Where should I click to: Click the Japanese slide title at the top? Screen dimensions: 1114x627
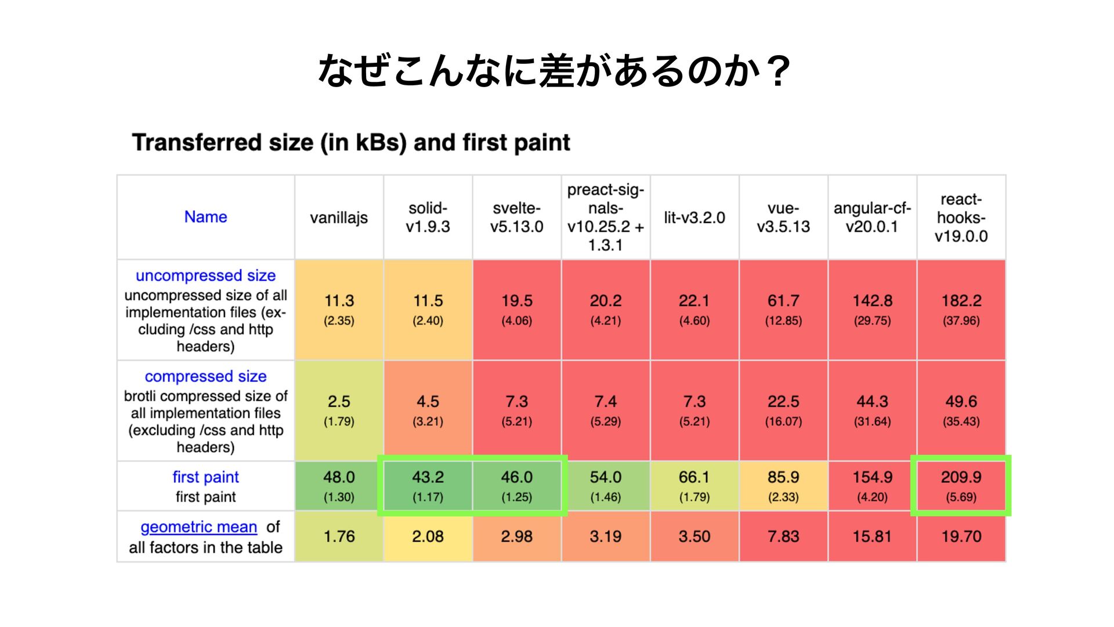pyautogui.click(x=555, y=71)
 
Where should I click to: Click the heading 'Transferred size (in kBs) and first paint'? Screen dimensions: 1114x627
pyautogui.click(x=351, y=142)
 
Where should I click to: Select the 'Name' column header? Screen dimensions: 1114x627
pyautogui.click(x=205, y=217)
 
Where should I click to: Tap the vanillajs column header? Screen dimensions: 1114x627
pyautogui.click(x=339, y=218)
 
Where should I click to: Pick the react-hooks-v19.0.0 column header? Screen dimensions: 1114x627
pyautogui.click(x=961, y=218)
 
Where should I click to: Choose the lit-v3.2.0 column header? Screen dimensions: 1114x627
pyautogui.click(x=695, y=218)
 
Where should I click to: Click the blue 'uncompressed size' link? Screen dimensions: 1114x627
pyautogui.click(x=205, y=275)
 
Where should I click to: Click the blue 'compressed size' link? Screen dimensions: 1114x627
pyautogui.click(x=205, y=376)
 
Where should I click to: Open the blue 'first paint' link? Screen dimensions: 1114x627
pyautogui.click(x=205, y=477)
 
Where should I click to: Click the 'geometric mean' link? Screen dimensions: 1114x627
pyautogui.click(x=198, y=527)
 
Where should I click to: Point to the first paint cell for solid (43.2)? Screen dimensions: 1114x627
pyautogui.click(x=428, y=486)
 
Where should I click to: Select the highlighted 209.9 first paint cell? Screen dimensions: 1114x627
pyautogui.click(x=961, y=486)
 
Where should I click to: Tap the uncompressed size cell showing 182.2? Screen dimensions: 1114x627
pyautogui.click(x=961, y=310)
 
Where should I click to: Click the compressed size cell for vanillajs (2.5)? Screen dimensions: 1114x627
pyautogui.click(x=339, y=411)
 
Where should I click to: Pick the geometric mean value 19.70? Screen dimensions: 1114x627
pyautogui.click(x=961, y=536)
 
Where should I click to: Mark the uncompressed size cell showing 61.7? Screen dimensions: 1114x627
pyautogui.click(x=783, y=310)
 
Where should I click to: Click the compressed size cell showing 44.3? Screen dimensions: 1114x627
pyautogui.click(x=872, y=411)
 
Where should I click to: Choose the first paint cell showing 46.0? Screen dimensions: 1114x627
pyautogui.click(x=516, y=486)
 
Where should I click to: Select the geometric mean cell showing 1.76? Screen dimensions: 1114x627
pyautogui.click(x=339, y=536)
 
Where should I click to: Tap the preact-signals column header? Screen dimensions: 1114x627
pyautogui.click(x=606, y=218)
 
